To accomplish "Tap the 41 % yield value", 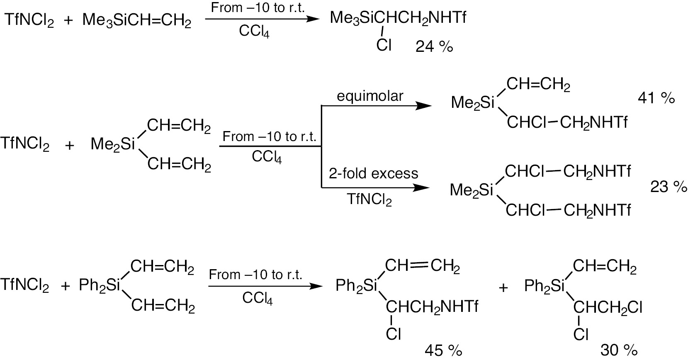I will (656, 98).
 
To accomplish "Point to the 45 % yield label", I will (443, 351).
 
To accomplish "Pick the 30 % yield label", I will (619, 351).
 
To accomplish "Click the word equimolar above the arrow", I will (370, 96).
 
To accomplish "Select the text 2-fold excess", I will (373, 173).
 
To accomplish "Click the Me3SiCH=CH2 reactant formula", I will (137, 20).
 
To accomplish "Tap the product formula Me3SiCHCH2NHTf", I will (398, 18).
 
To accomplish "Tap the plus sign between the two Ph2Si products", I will (503, 287).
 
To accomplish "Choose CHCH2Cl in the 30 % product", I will (608, 307).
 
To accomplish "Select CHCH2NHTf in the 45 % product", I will (432, 307).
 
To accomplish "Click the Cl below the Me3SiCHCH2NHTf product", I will (384, 45).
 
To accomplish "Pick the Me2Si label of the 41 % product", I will (473, 102).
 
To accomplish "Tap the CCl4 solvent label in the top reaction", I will (254, 32).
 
